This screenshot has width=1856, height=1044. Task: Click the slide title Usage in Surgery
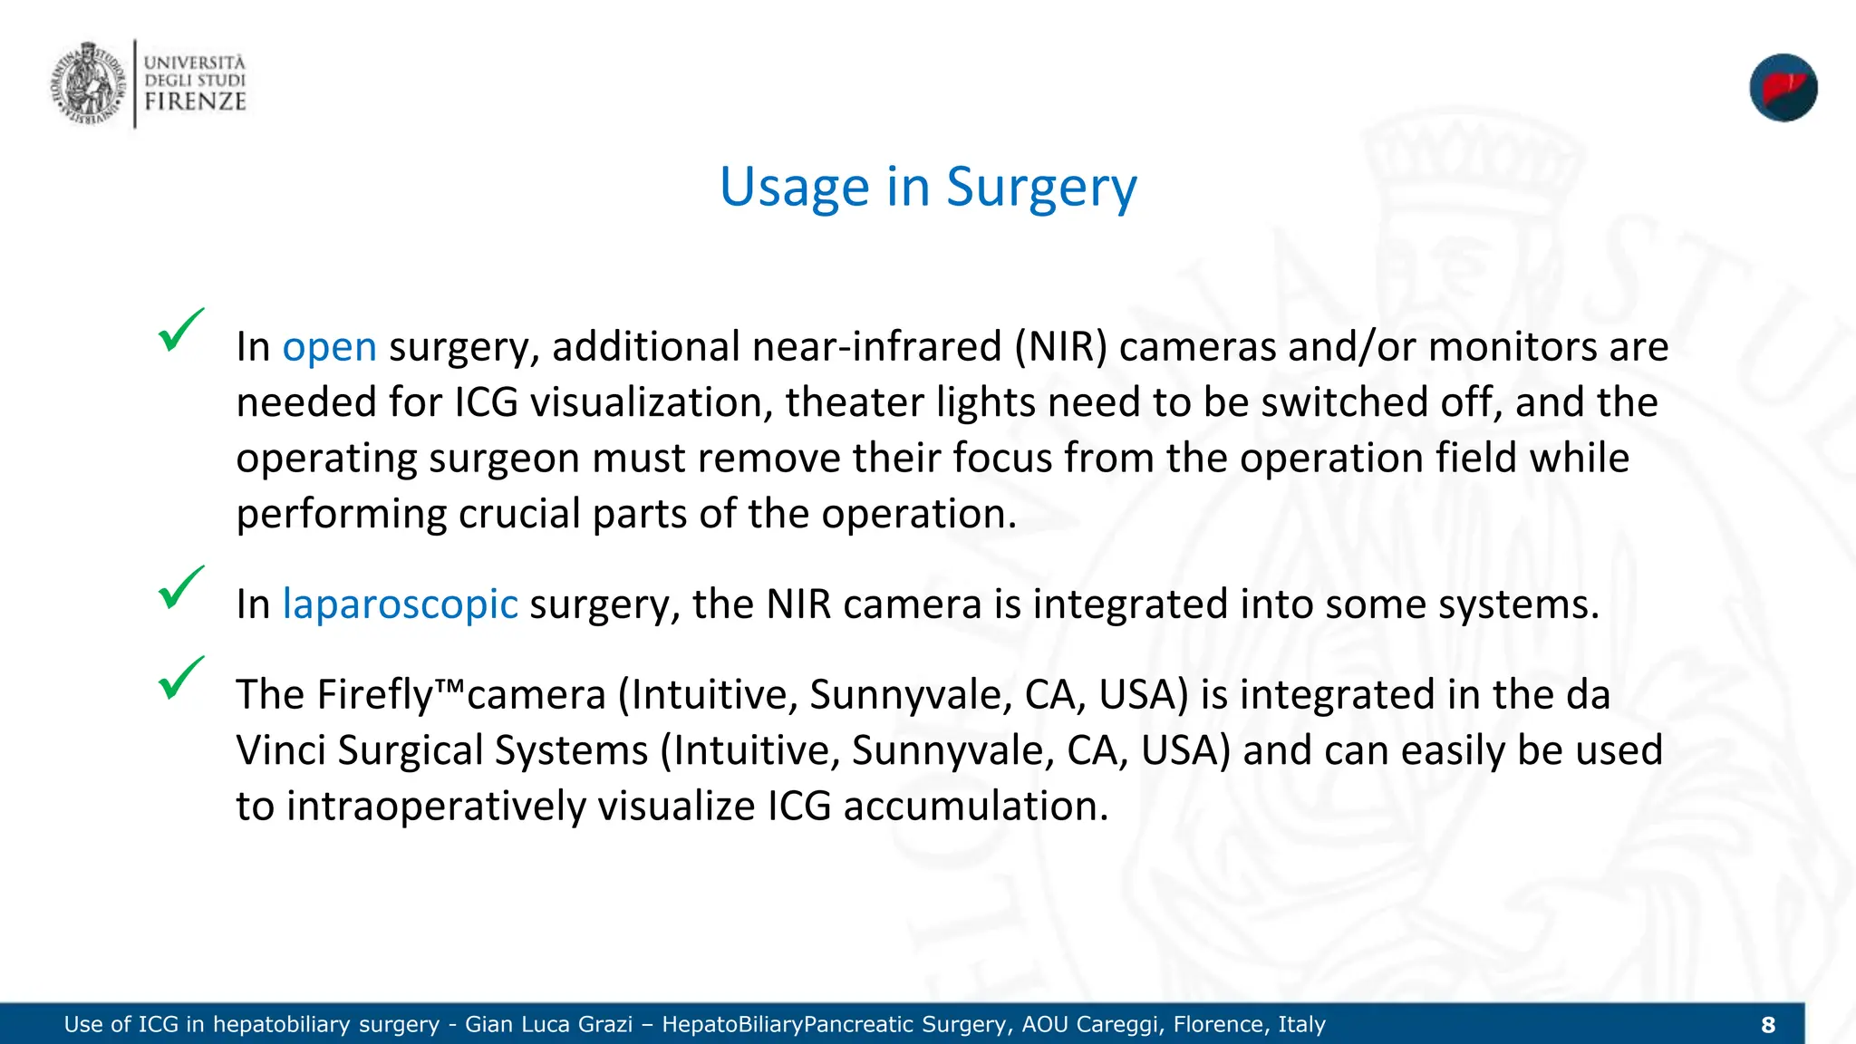click(x=927, y=188)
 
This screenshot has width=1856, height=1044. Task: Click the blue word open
click(x=329, y=347)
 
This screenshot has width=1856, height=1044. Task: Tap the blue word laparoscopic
click(x=400, y=604)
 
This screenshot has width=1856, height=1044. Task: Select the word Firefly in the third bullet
click(x=375, y=695)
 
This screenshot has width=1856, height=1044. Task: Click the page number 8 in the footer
click(x=1767, y=1025)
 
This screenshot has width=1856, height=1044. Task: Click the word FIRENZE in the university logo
click(x=195, y=101)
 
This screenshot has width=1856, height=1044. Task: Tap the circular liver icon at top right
click(x=1783, y=88)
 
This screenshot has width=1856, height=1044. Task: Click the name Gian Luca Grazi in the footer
click(x=548, y=1025)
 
